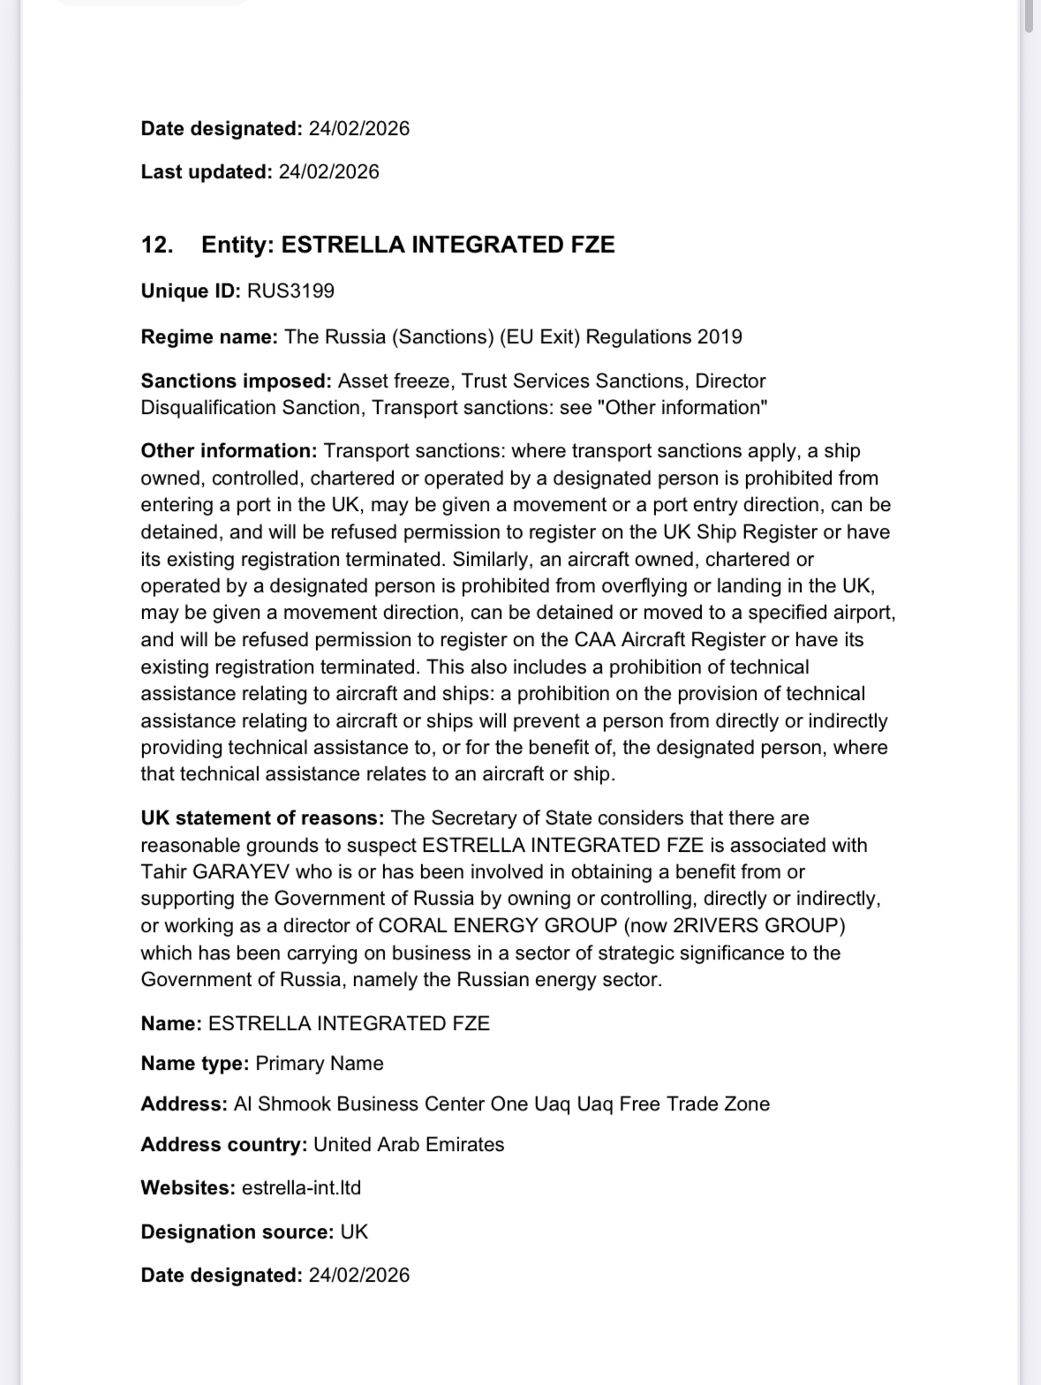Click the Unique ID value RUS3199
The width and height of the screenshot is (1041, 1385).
click(x=290, y=291)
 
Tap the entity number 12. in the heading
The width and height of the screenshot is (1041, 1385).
click(x=156, y=245)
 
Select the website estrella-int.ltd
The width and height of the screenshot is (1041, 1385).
click(x=301, y=1188)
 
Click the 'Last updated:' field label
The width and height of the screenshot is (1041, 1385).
click(x=207, y=172)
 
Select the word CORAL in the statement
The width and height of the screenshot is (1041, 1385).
click(x=409, y=926)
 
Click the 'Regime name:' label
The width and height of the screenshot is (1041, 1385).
click(x=209, y=337)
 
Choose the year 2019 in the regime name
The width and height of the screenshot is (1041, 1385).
click(x=720, y=337)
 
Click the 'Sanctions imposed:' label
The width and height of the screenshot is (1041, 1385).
click(x=236, y=381)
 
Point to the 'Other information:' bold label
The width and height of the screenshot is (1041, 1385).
click(x=229, y=451)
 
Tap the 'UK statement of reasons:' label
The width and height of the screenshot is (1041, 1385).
click(x=262, y=818)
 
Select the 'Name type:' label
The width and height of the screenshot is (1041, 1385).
click(x=195, y=1064)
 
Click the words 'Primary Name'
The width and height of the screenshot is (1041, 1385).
click(x=320, y=1064)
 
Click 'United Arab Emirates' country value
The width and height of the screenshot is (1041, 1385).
click(x=409, y=1145)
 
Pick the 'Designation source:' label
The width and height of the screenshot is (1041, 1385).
click(x=237, y=1232)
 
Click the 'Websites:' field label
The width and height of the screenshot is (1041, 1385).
click(x=188, y=1188)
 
